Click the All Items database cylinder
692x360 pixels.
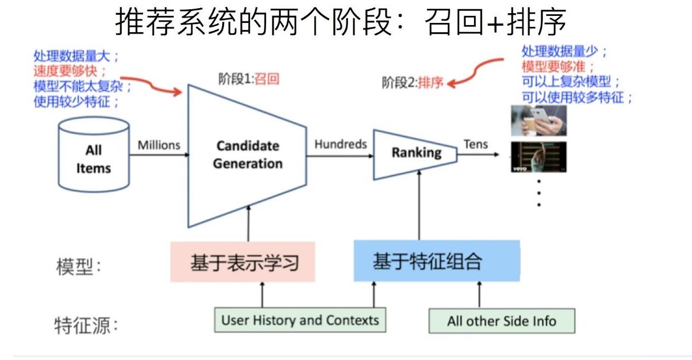(x=93, y=154)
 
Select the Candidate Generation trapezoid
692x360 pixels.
(x=247, y=156)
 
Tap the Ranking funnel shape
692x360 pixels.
(x=415, y=155)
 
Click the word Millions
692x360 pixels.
(x=159, y=145)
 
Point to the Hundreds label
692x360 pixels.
(x=341, y=144)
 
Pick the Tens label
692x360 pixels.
(x=476, y=144)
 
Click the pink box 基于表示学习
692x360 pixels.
(x=243, y=262)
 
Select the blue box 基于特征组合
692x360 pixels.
(x=437, y=261)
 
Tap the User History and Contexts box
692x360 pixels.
(x=300, y=320)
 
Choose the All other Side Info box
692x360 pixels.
(x=502, y=321)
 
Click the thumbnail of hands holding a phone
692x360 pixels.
(x=539, y=121)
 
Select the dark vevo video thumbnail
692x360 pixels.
(x=539, y=157)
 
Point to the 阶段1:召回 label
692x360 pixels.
(x=249, y=79)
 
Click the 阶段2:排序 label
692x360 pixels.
(x=412, y=82)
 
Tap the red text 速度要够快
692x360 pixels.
(x=66, y=71)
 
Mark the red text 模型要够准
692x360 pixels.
(x=554, y=67)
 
